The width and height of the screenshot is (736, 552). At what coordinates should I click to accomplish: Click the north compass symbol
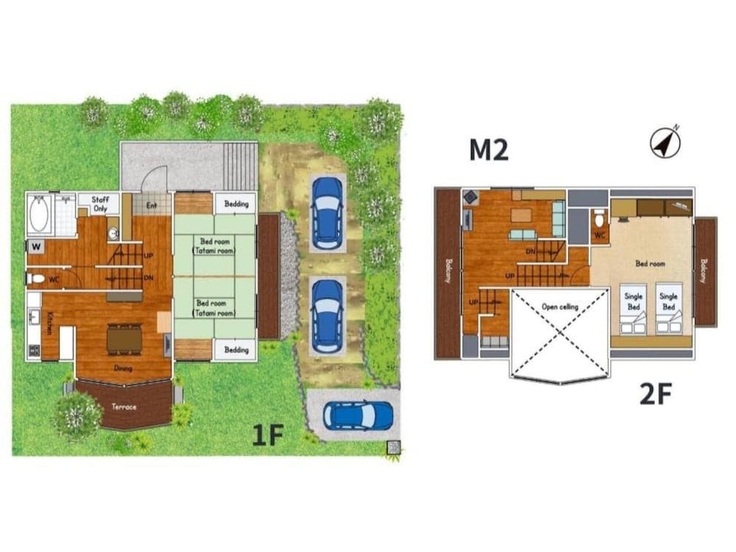(665, 143)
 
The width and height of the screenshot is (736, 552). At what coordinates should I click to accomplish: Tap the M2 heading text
(489, 149)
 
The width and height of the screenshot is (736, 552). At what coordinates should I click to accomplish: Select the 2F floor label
(655, 394)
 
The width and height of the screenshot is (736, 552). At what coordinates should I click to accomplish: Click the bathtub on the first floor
(39, 216)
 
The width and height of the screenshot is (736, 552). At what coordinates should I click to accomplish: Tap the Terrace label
(124, 406)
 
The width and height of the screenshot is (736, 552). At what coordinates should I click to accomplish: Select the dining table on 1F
(124, 339)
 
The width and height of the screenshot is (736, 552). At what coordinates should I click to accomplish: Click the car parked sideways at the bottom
(358, 416)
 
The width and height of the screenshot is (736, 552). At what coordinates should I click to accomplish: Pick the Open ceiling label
(559, 307)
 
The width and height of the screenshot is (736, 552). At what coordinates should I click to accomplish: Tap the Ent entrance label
(152, 205)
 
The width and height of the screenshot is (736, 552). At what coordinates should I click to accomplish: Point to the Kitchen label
(49, 322)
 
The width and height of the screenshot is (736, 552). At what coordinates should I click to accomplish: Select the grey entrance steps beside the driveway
(240, 166)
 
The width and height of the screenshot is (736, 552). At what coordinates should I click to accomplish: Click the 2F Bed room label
(651, 263)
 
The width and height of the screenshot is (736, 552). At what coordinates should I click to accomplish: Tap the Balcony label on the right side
(704, 270)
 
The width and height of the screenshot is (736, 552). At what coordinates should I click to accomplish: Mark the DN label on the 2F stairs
(531, 251)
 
